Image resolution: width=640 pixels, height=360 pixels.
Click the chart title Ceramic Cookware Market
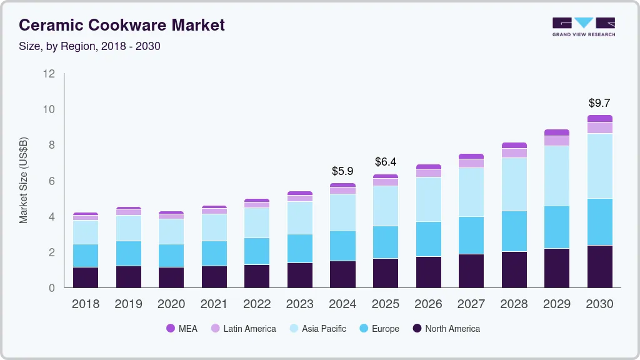click(121, 25)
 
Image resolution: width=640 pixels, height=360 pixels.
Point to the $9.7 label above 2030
click(600, 103)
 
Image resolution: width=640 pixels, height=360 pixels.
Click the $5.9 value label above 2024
click(342, 171)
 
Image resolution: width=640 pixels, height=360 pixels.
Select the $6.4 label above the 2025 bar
click(386, 162)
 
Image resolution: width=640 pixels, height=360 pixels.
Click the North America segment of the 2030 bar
click(600, 266)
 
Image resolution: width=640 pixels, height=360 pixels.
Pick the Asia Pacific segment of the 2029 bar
click(557, 176)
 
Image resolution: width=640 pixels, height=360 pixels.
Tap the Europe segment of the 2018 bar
click(86, 256)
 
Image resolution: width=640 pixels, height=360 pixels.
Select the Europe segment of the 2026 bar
click(428, 239)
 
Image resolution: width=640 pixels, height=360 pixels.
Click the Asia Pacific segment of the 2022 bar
click(257, 222)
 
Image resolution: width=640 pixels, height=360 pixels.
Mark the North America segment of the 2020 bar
click(171, 277)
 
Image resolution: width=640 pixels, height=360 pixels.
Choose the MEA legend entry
click(181, 329)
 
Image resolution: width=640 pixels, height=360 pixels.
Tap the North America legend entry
click(446, 329)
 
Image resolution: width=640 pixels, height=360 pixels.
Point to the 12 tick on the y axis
click(49, 74)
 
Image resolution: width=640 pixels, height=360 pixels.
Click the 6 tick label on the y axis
click(51, 181)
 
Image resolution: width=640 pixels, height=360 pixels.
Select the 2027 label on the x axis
click(471, 304)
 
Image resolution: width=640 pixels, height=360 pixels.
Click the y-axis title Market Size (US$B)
click(24, 181)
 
